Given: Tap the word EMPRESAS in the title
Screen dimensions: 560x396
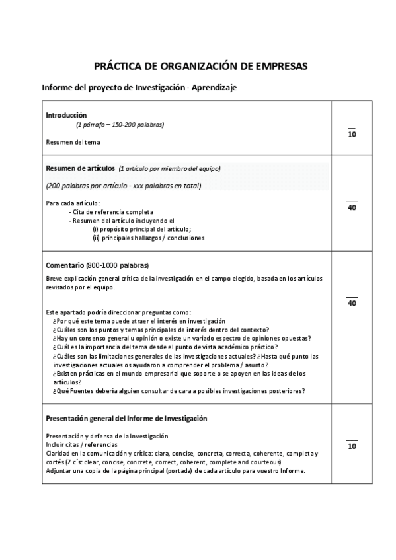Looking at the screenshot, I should point(274,67).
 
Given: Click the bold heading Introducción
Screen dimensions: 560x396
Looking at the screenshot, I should point(66,115).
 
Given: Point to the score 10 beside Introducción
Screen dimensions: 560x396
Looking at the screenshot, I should point(352,135).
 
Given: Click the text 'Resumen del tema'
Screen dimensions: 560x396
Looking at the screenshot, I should point(73,141).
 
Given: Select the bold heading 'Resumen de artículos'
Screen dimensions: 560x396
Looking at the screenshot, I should point(80,168).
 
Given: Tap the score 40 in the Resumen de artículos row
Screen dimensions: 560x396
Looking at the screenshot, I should point(352,207).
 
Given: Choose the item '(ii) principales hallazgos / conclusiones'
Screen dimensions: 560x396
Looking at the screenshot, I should point(148,238).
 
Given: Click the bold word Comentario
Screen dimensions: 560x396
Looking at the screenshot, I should point(65,265).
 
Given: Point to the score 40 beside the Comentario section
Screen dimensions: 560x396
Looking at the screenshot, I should point(352,303).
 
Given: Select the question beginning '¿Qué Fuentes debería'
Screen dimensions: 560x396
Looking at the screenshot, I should point(178,390).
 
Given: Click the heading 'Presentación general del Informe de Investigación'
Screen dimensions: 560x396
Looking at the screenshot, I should point(126,418).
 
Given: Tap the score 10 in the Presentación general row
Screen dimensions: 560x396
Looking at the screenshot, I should point(352,446).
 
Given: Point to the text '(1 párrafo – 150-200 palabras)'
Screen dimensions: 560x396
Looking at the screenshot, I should point(120,124).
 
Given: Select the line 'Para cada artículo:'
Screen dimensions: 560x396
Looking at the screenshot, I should point(73,203).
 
